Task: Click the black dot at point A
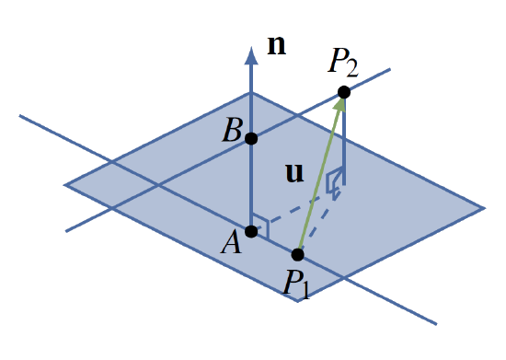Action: tap(251, 230)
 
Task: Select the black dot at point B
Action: tap(251, 138)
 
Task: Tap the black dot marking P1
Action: tap(298, 254)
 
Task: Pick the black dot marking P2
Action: tap(343, 91)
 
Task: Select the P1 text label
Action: tap(297, 284)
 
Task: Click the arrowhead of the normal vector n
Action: tap(251, 55)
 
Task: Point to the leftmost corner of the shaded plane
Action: tap(64, 185)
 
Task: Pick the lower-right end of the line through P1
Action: tap(435, 323)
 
